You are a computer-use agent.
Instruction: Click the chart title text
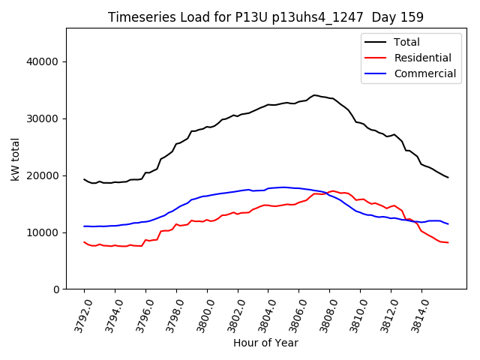[265, 17]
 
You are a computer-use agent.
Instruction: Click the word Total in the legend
[407, 42]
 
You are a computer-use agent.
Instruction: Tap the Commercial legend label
[425, 73]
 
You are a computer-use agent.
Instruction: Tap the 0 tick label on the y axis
[56, 289]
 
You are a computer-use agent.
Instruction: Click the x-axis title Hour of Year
[265, 343]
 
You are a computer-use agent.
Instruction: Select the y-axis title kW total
[16, 159]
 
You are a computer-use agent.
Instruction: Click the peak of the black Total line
[315, 95]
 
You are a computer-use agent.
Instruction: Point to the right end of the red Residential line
[448, 242]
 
